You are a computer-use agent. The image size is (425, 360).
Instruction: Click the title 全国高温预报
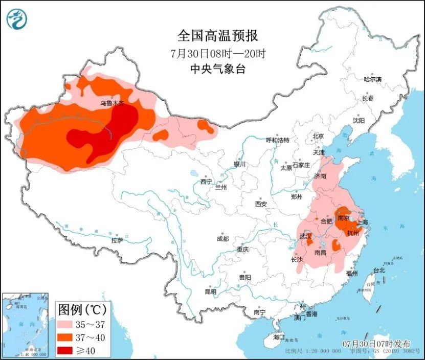click(217, 36)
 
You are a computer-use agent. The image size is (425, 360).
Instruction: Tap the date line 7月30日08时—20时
click(217, 53)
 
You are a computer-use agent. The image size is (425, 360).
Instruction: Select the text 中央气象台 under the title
click(217, 69)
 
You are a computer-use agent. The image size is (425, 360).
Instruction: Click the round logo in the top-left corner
click(17, 19)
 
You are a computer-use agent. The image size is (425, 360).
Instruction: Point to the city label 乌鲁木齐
click(111, 103)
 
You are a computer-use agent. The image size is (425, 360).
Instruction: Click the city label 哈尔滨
click(372, 79)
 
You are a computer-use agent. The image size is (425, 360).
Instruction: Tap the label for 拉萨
click(117, 240)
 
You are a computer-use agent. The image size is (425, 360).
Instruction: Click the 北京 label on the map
click(318, 137)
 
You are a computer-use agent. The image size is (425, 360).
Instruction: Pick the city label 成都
click(222, 239)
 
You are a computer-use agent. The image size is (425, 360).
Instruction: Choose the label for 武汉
click(306, 236)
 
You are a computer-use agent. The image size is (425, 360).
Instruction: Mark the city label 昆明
click(210, 291)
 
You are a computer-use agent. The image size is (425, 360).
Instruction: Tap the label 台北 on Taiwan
click(378, 270)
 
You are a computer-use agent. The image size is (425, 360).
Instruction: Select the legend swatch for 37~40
click(66, 337)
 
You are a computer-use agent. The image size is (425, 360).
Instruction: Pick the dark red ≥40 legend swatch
click(66, 350)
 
